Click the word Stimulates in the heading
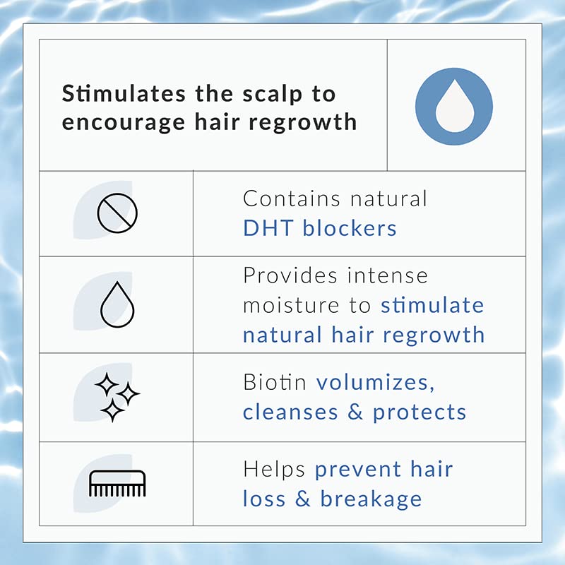point(124,94)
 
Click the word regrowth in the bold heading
point(303,122)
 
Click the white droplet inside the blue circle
point(454,107)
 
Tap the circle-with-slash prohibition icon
point(117,213)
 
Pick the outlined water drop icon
point(117,304)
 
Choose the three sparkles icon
point(117,397)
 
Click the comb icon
point(117,483)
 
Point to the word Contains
point(292,198)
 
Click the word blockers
point(350,228)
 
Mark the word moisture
point(291,306)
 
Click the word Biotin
point(275,382)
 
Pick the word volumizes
point(375,382)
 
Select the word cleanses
point(290,412)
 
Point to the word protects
point(420,413)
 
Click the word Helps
point(274,470)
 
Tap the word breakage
point(371,500)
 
